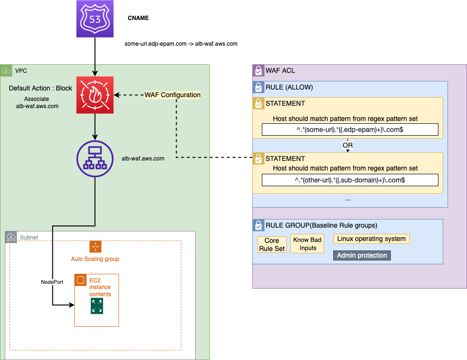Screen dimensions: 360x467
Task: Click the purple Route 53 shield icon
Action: [x=95, y=19]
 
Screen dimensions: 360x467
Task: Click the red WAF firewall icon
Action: [x=95, y=95]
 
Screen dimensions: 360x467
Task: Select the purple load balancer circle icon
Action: [x=95, y=158]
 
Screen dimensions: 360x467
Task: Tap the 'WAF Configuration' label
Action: [x=172, y=95]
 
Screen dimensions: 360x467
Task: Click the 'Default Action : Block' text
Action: [x=40, y=88]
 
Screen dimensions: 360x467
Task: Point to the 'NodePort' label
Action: [x=52, y=282]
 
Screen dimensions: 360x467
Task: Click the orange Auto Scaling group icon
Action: [x=95, y=246]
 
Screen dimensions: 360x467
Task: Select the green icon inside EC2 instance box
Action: [x=97, y=307]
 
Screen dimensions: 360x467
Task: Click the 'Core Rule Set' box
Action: [x=272, y=245]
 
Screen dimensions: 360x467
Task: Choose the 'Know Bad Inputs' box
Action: [x=308, y=244]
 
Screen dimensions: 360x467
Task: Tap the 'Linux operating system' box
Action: [x=371, y=239]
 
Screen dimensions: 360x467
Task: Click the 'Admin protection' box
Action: [x=362, y=255]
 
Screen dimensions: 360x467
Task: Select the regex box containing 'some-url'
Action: [x=350, y=130]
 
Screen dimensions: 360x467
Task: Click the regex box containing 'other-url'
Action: [x=350, y=180]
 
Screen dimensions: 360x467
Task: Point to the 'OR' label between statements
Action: [x=348, y=145]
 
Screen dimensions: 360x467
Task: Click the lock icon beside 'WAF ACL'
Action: [x=258, y=70]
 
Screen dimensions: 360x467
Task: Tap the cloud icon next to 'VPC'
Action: [x=6, y=70]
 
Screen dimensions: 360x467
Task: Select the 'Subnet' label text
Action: [x=29, y=237]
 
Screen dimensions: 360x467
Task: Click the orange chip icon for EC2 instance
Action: [x=80, y=280]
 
